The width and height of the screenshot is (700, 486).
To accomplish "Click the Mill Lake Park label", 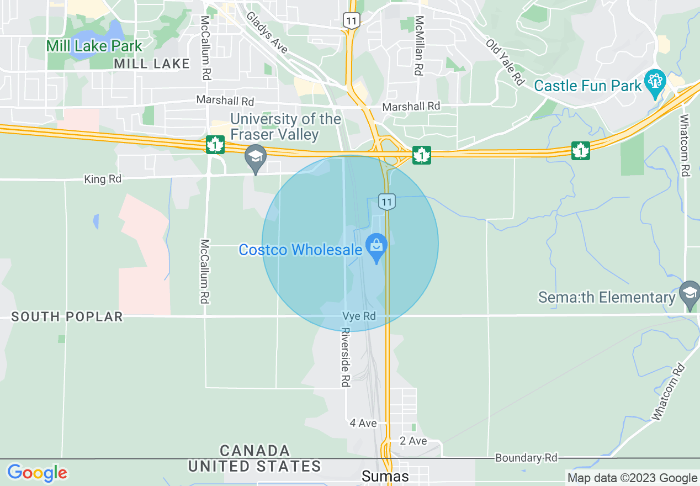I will (94, 46).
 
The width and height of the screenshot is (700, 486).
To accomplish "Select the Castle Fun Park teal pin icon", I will (655, 83).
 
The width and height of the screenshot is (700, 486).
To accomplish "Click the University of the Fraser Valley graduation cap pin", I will (256, 159).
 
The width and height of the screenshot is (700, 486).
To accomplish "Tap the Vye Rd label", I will (359, 316).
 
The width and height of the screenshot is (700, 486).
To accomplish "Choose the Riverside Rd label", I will (346, 357).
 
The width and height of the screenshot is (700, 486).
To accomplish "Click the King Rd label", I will (102, 179).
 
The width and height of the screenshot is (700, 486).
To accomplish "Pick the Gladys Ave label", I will (268, 33).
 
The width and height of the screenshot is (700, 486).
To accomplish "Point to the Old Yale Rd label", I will (505, 61).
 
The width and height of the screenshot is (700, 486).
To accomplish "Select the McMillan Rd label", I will (420, 45).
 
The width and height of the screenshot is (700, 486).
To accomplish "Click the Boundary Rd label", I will (526, 458).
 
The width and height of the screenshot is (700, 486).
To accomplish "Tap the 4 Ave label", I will (363, 423).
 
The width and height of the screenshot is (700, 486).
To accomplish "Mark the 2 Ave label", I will (413, 441).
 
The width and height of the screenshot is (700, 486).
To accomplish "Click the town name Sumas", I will (385, 476).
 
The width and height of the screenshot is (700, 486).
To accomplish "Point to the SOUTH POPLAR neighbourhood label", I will (67, 316).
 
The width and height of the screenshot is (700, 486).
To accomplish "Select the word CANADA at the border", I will (254, 451).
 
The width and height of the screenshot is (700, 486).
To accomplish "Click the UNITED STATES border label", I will (254, 466).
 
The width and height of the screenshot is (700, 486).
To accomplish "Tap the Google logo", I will (37, 473).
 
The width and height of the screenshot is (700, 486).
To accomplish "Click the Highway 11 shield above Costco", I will (387, 202).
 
